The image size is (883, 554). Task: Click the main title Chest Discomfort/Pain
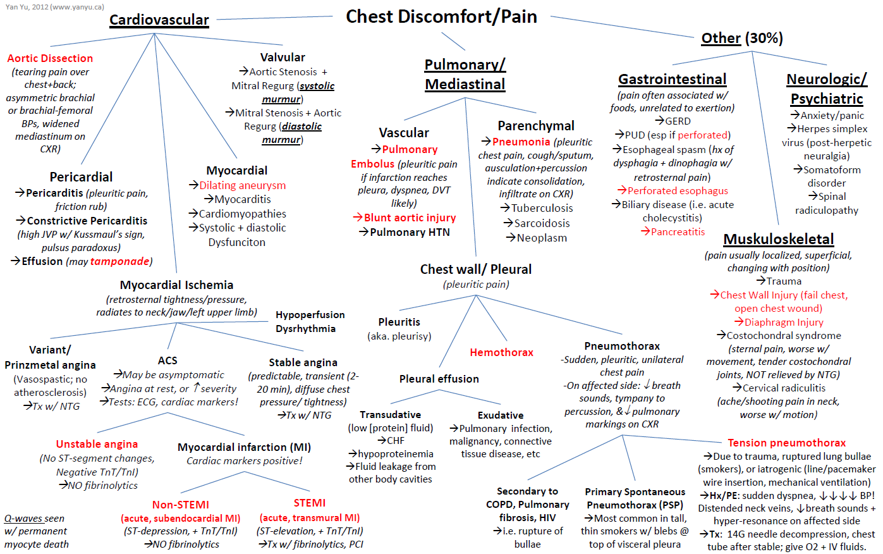(x=441, y=16)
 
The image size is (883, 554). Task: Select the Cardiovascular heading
(x=159, y=20)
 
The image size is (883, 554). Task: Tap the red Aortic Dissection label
(x=50, y=58)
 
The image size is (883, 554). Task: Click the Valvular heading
(x=283, y=58)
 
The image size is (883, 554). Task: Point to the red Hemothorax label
(x=501, y=352)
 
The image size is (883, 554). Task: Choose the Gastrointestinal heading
(x=672, y=79)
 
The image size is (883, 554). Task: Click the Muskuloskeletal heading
(x=778, y=239)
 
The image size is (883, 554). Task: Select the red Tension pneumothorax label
(x=786, y=443)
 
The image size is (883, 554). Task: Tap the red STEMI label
(x=310, y=503)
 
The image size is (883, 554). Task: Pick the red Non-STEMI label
(x=180, y=504)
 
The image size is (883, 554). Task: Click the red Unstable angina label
(x=97, y=444)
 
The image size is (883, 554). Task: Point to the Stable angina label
(x=303, y=362)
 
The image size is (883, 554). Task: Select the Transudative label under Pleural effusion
(x=390, y=415)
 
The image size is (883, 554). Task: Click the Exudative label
(x=500, y=416)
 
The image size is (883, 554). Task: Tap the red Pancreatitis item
(x=678, y=231)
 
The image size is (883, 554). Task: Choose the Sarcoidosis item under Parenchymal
(x=542, y=223)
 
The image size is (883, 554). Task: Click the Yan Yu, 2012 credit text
(x=55, y=7)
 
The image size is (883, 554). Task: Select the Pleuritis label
(x=399, y=322)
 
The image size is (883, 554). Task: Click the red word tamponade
(x=119, y=261)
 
